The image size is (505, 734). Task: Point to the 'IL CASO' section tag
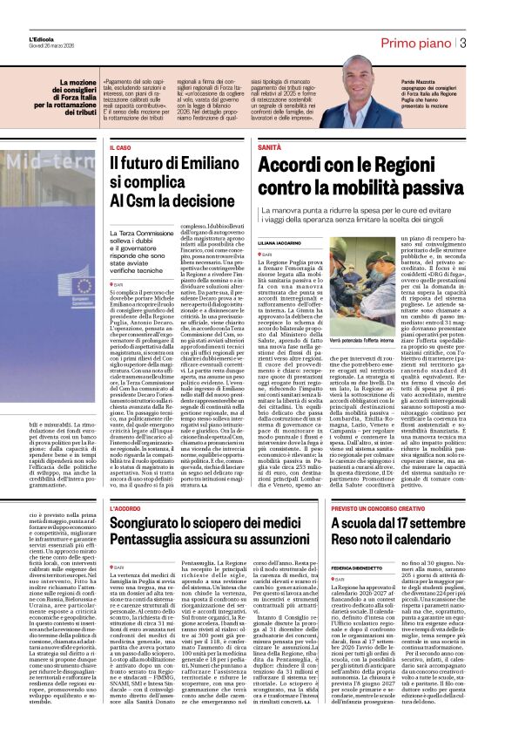(x=121, y=149)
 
